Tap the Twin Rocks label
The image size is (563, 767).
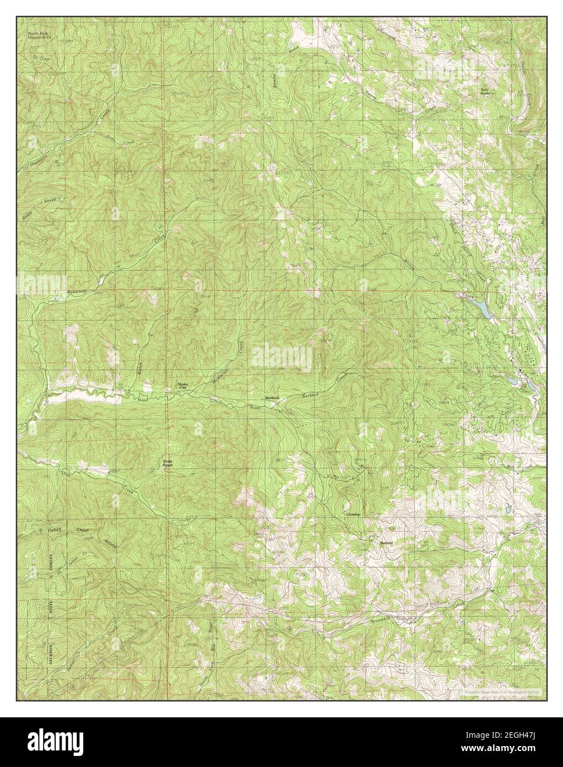pyautogui.click(x=485, y=92)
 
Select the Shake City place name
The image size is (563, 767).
pyautogui.click(x=182, y=386)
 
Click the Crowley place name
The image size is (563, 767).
pyautogui.click(x=353, y=514)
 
